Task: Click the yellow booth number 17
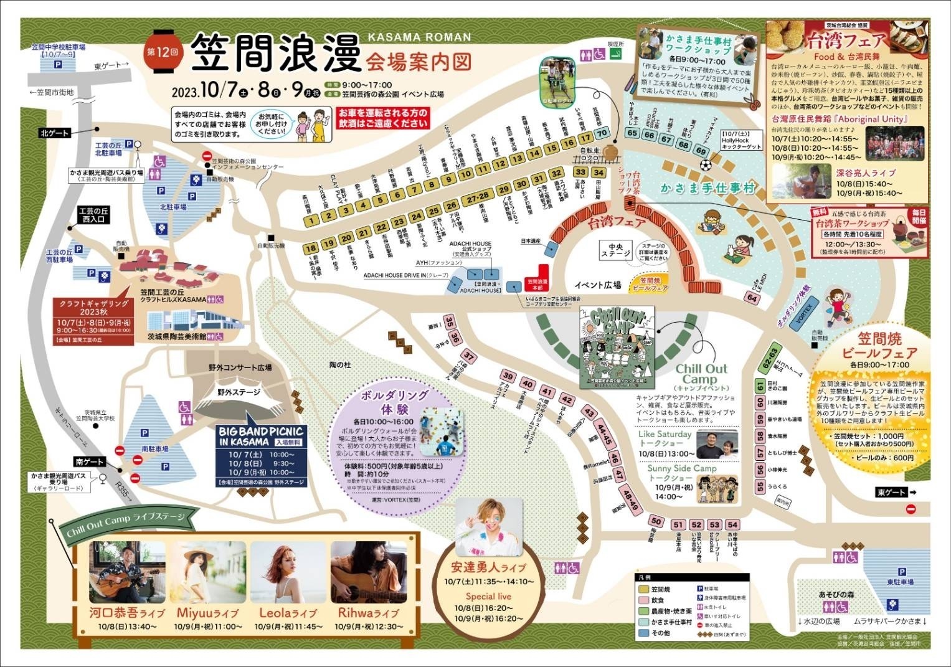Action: [x=584, y=138]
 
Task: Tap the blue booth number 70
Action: [x=602, y=133]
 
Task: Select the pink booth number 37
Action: [x=470, y=357]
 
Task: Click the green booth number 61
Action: [x=760, y=387]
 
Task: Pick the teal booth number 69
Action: [x=701, y=151]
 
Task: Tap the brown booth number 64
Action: [x=753, y=298]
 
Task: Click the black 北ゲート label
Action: [x=55, y=133]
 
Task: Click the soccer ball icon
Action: [x=705, y=166]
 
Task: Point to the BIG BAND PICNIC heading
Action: [x=260, y=431]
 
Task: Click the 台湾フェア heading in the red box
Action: [x=846, y=42]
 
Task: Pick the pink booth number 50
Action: [x=655, y=521]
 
